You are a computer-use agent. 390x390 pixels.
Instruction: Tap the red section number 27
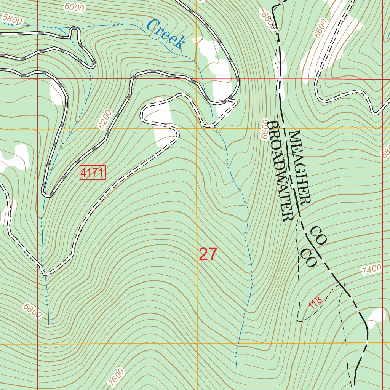tap(208, 254)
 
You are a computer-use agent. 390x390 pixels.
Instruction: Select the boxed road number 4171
tap(92, 173)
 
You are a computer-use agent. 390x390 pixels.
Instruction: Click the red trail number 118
tap(315, 303)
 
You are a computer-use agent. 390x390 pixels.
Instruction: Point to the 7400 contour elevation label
tap(371, 270)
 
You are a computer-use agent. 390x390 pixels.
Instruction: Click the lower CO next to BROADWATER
tap(308, 258)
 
